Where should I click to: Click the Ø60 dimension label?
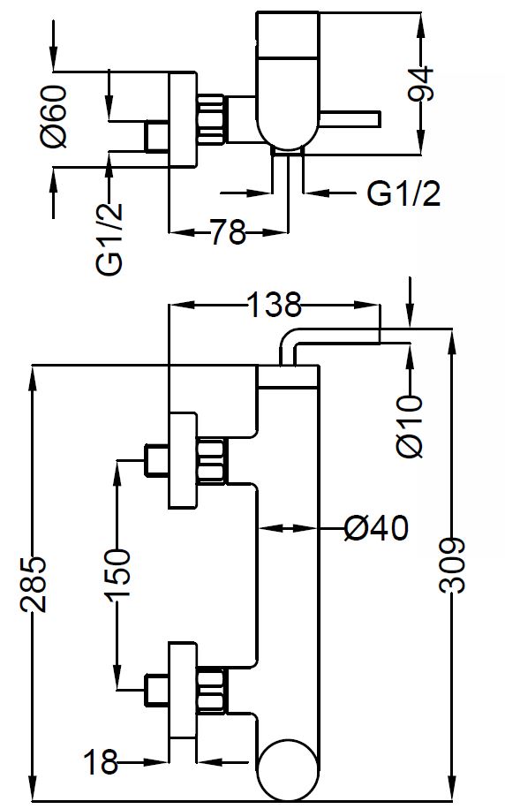coord(54,117)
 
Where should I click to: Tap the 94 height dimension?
coord(421,83)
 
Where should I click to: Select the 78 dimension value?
coord(228,231)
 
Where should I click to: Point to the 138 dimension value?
coord(274,305)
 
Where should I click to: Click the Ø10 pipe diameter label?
coord(411,427)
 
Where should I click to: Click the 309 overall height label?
coord(453,565)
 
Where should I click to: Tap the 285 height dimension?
coord(34,584)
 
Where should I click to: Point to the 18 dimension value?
coord(101,762)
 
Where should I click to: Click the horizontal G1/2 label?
coord(403,193)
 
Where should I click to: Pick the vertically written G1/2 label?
coord(109,238)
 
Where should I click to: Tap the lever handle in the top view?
coord(350,119)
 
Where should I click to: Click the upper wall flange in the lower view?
coord(183,460)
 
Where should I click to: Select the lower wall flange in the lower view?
coord(183,691)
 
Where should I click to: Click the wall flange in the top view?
coord(183,119)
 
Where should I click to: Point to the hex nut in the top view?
coord(210,119)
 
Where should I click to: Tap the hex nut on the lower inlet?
coord(210,691)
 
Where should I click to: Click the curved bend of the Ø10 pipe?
coord(287,339)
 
